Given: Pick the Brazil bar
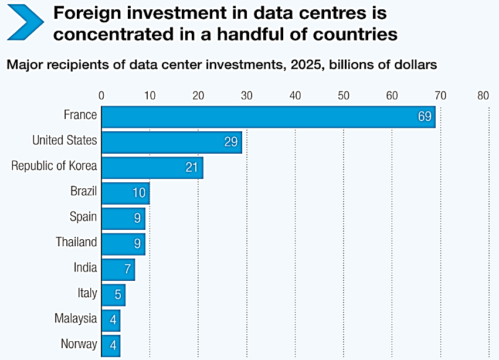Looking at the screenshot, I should coord(124,192).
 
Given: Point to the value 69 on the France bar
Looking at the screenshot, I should coord(425,116).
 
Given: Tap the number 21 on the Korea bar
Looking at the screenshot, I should coord(192,168).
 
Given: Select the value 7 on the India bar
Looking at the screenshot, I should coord(127,269).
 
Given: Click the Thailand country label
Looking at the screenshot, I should coord(76,242).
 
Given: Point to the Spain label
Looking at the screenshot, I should coord(83,217).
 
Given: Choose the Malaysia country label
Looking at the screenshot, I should coord(76,318).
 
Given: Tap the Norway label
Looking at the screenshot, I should coord(79,344).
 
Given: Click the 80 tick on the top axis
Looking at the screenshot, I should coord(483,96).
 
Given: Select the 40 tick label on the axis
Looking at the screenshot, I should coord(294,96).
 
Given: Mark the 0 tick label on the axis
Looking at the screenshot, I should coord(101,96).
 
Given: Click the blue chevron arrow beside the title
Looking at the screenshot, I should coord(26,22).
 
